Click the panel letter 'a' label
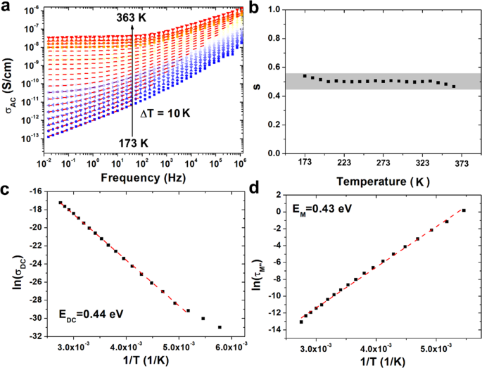pos(6,7)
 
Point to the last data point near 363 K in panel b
pos(454,87)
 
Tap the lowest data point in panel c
pos(220,327)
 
